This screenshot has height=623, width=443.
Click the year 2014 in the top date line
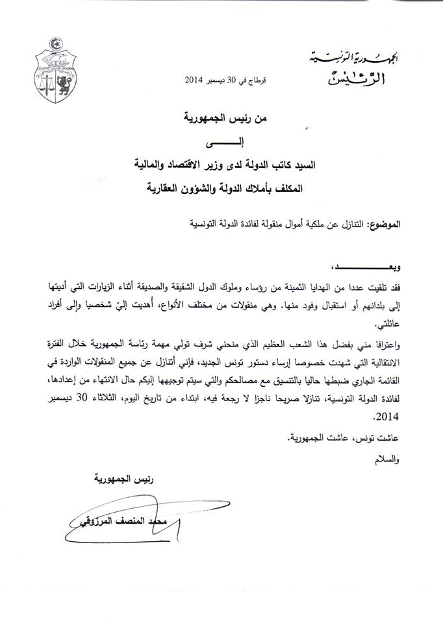pos(194,80)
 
